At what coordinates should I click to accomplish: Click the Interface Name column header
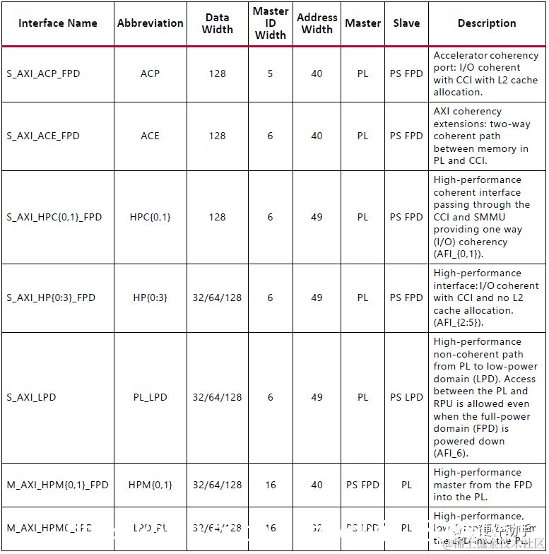58,23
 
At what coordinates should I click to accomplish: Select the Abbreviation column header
150,23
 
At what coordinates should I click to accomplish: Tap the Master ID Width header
270,23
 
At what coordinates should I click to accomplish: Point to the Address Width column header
317,23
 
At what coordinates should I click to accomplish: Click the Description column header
487,23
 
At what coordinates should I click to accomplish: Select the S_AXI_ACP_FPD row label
44,73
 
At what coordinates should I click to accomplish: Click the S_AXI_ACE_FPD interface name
43,136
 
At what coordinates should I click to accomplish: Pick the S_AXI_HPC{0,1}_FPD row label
54,217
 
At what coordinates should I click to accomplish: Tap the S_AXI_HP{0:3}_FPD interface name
51,297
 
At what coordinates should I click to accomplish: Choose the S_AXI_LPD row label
31,397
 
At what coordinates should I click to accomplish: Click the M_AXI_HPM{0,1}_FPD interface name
58,485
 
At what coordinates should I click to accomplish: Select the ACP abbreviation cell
150,73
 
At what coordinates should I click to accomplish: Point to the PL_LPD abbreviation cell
150,397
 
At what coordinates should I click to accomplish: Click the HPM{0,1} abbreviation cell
150,485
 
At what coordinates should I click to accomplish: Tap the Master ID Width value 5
270,73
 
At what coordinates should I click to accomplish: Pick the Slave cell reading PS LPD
406,397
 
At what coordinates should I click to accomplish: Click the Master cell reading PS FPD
362,485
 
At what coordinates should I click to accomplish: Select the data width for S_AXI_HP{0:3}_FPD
217,297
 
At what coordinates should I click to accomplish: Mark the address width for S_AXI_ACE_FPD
317,136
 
